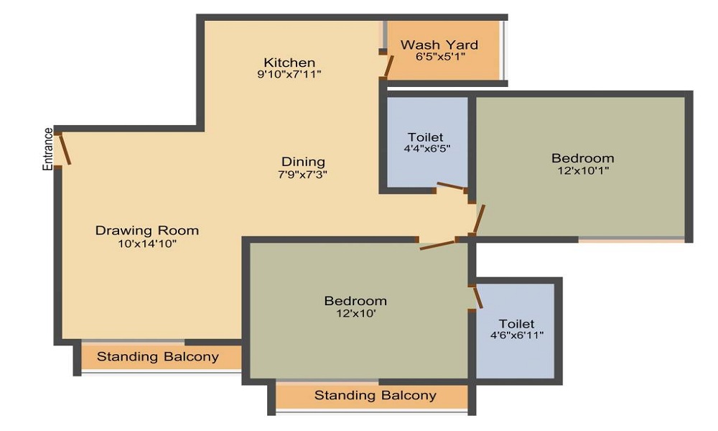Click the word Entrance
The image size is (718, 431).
pyautogui.click(x=48, y=149)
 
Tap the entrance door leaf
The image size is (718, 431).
pyautogui.click(x=65, y=149)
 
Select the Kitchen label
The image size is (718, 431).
pyautogui.click(x=289, y=62)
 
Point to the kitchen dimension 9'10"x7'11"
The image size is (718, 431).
pyautogui.click(x=289, y=74)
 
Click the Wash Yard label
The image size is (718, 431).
pyautogui.click(x=439, y=45)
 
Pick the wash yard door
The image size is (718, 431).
pyautogui.click(x=388, y=66)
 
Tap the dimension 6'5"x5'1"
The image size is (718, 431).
pyautogui.click(x=441, y=57)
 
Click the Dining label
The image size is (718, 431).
pyautogui.click(x=303, y=162)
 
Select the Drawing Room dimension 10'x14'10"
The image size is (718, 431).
pyautogui.click(x=147, y=244)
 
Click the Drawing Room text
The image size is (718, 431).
pyautogui.click(x=147, y=231)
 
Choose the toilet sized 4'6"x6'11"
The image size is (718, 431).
pyautogui.click(x=516, y=330)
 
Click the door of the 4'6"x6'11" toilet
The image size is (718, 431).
pyautogui.click(x=477, y=297)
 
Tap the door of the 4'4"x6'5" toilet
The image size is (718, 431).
pyautogui.click(x=451, y=185)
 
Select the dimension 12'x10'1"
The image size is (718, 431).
pyautogui.click(x=583, y=171)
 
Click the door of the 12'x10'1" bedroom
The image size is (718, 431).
pyautogui.click(x=479, y=219)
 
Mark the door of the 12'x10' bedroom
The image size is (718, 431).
pyautogui.click(x=437, y=245)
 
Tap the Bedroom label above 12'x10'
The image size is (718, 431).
pyautogui.click(x=356, y=301)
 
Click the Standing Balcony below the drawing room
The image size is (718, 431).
pyautogui.click(x=158, y=357)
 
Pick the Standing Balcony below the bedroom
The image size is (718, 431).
pyautogui.click(x=376, y=395)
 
